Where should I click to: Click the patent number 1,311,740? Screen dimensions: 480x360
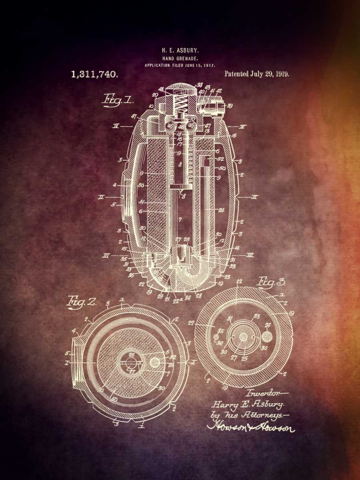[x=95, y=74]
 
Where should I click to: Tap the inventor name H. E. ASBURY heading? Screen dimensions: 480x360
[x=180, y=50]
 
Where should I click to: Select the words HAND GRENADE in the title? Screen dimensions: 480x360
[x=180, y=58]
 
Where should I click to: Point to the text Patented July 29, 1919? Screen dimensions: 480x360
[x=256, y=74]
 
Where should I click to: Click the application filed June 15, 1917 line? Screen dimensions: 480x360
[x=180, y=65]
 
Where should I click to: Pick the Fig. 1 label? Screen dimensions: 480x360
[x=118, y=101]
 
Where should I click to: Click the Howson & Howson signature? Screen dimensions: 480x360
[x=251, y=426]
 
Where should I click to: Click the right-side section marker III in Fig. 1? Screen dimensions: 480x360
[x=248, y=256]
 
